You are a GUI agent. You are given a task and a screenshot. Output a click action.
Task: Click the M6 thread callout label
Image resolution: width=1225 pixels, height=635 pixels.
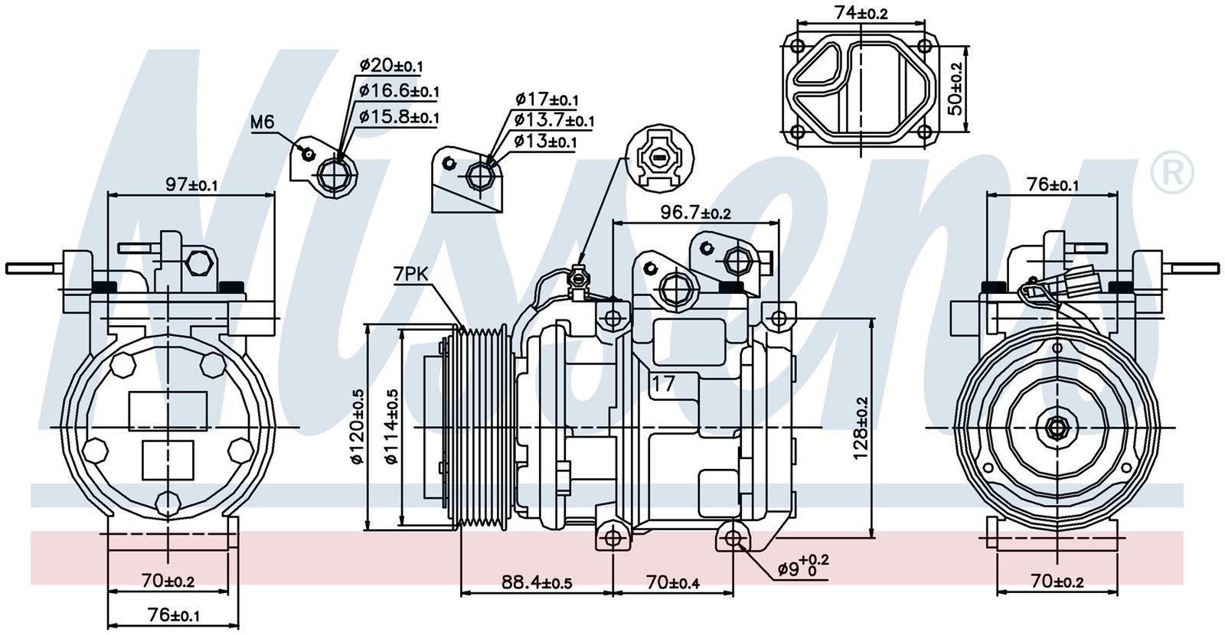coord(262,122)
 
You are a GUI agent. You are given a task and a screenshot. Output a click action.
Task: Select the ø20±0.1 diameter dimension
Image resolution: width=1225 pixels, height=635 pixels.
coord(391,65)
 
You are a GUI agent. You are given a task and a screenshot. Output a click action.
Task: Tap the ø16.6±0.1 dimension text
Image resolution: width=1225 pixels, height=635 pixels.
coord(399,91)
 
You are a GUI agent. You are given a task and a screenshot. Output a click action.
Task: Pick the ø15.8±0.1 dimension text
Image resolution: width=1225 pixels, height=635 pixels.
coord(399,117)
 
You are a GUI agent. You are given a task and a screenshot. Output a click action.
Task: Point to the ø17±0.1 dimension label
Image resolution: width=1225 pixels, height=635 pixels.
coord(547,99)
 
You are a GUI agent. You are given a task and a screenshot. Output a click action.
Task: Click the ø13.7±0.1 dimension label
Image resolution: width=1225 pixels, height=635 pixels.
coord(554,120)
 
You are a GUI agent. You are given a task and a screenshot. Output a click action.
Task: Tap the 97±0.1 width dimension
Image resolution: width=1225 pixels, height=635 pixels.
coord(192,184)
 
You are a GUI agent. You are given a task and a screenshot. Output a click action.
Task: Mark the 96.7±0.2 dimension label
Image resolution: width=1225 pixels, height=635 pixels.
coord(695,213)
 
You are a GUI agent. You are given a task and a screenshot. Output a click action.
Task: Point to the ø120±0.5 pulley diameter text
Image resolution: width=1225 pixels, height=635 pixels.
coord(357,427)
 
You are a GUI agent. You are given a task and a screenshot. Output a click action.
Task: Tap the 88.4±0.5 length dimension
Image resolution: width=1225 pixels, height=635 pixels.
coord(537,582)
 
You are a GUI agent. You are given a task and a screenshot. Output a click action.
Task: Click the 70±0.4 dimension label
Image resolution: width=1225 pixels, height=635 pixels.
coord(673,582)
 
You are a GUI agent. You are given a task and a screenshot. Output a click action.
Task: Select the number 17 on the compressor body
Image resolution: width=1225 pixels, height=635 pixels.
coord(663,383)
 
